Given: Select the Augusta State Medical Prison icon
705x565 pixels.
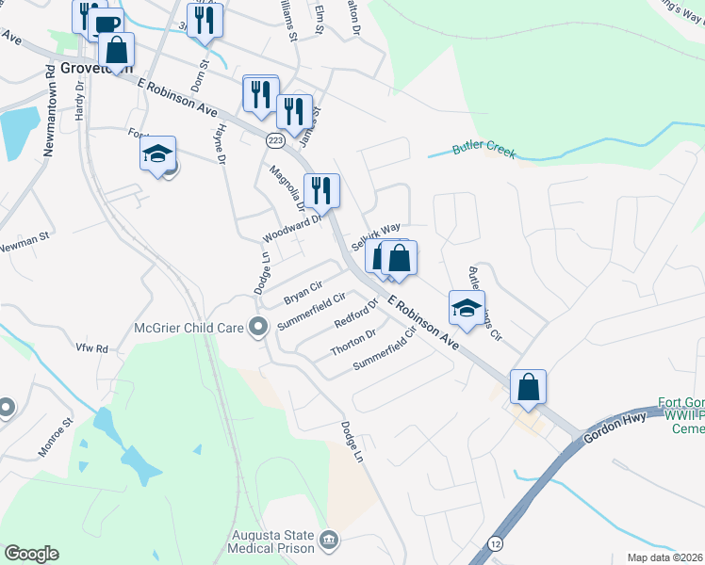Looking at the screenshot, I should pyautogui.click(x=329, y=540).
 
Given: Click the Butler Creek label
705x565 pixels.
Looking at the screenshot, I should pyautogui.click(x=484, y=149).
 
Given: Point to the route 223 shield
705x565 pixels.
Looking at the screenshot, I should pyautogui.click(x=274, y=140).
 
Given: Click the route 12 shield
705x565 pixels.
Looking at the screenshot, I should pyautogui.click(x=496, y=543).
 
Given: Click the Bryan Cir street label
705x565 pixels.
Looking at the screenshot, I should pyautogui.click(x=303, y=292).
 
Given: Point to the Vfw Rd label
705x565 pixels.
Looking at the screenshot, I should pyautogui.click(x=92, y=348).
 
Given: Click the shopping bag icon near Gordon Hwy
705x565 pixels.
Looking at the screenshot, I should pyautogui.click(x=529, y=386).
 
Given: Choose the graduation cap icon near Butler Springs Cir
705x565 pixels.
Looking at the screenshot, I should pyautogui.click(x=467, y=308).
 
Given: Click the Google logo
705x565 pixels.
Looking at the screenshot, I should pyautogui.click(x=31, y=554).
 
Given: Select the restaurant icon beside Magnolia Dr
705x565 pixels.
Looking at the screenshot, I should pyautogui.click(x=321, y=191).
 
